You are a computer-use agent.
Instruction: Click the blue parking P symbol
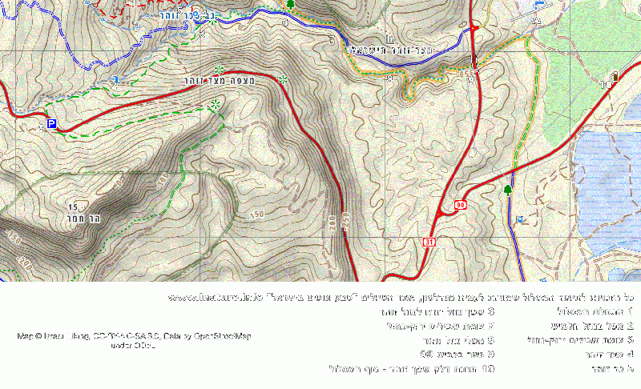coord(52,124)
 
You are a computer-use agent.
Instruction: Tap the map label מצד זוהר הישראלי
coord(392,50)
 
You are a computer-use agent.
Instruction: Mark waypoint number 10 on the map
coord(605,83)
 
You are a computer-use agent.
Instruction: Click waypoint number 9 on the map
coord(471,79)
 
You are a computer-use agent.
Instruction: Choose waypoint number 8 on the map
coord(390,79)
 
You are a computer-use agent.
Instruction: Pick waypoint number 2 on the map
coord(114,84)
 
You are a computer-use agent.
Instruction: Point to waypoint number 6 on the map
coord(284,22)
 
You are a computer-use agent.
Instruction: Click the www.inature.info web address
coord(215,298)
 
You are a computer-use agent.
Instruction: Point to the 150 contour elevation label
coord(256,215)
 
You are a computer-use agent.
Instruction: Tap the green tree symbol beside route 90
coord(507,190)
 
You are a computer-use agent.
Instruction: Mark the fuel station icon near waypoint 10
coord(615,77)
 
